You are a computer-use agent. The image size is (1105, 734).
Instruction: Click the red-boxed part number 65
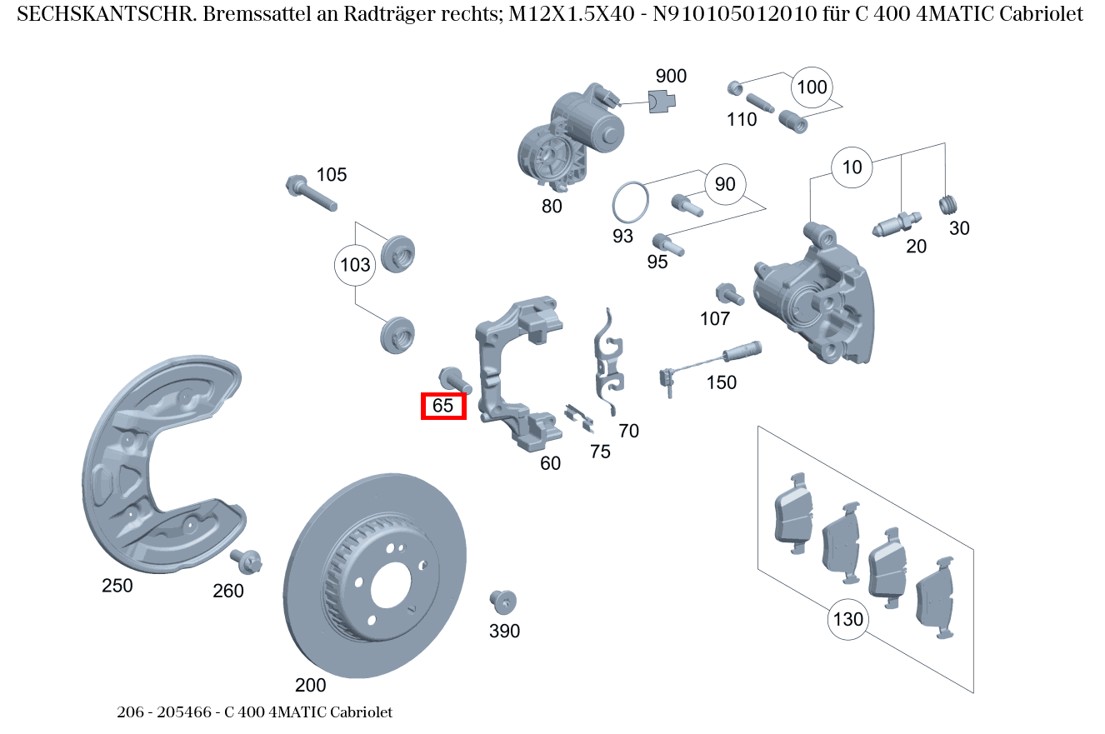(x=443, y=406)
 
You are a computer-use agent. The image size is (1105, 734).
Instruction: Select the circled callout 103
(x=356, y=266)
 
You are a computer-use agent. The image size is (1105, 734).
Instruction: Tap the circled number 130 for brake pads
(x=847, y=620)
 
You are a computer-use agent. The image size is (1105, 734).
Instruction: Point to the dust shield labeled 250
(x=158, y=467)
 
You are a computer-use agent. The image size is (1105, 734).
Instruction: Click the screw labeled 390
(x=503, y=601)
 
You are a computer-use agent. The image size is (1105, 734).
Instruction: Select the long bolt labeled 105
(x=310, y=193)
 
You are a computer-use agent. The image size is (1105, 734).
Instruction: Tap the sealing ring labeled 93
(x=630, y=202)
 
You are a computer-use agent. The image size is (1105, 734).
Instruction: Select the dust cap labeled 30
(x=949, y=205)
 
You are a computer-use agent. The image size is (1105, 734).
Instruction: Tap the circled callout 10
(x=852, y=167)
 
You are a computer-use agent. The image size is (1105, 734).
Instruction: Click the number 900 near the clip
(x=671, y=77)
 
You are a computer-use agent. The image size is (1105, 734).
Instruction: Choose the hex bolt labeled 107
(x=727, y=293)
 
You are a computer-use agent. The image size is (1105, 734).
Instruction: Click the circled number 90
(x=725, y=184)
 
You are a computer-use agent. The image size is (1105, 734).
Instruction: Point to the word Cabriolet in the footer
(x=361, y=712)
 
